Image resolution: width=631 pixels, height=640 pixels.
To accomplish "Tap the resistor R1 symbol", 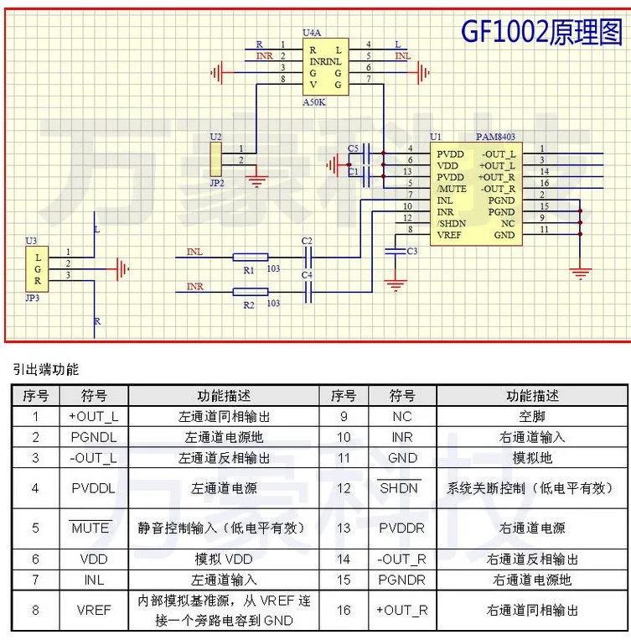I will click(250, 256).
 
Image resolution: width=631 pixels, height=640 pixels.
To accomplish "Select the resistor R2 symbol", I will click(250, 292).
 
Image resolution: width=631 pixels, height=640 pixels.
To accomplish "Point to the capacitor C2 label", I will click(307, 241).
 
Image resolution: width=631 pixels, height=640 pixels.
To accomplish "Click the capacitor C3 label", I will click(411, 252).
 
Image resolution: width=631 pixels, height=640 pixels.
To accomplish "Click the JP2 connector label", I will click(217, 180).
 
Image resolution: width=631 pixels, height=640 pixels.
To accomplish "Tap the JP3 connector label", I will click(33, 297).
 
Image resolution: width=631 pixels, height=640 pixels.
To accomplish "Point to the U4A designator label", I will click(312, 32).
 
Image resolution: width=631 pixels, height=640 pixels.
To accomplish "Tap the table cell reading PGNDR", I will click(401, 580).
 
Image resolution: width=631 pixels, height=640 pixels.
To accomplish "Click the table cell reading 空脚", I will click(533, 415).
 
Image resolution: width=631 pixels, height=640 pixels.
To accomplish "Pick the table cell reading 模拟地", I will click(533, 458).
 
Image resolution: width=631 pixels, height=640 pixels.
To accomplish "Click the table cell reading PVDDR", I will click(401, 528).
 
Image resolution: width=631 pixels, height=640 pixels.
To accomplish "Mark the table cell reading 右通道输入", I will click(533, 437).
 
